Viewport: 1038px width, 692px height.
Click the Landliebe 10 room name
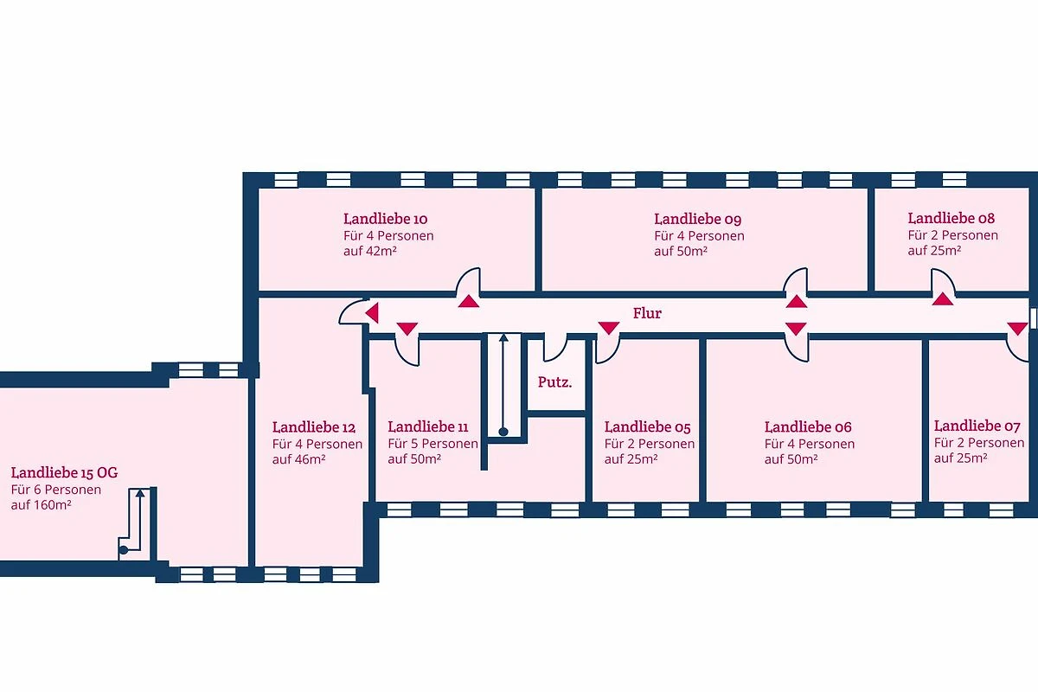click(385, 219)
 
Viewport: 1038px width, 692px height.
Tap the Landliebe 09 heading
click(697, 219)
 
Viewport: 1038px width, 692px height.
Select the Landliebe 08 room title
click(951, 218)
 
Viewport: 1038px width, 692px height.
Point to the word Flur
click(647, 313)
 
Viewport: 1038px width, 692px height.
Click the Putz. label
click(554, 382)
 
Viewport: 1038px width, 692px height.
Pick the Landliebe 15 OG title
click(64, 473)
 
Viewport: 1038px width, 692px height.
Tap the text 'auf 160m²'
click(42, 505)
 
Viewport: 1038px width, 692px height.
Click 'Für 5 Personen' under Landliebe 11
click(432, 444)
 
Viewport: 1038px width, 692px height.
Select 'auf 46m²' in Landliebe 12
click(299, 459)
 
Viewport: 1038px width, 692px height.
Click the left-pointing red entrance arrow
click(372, 313)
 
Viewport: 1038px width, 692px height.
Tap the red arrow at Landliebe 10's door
click(469, 301)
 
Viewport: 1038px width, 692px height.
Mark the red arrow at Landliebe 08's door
click(943, 299)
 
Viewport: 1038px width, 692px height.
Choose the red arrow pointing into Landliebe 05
click(608, 328)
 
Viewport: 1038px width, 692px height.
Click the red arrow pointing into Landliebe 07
click(1017, 329)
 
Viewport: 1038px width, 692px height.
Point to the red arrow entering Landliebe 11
click(407, 329)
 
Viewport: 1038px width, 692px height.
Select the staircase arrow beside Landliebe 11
click(503, 384)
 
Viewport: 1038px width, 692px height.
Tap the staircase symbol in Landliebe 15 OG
click(137, 522)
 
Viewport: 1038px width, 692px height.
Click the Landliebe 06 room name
click(808, 427)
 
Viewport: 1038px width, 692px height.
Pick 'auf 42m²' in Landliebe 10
click(370, 251)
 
